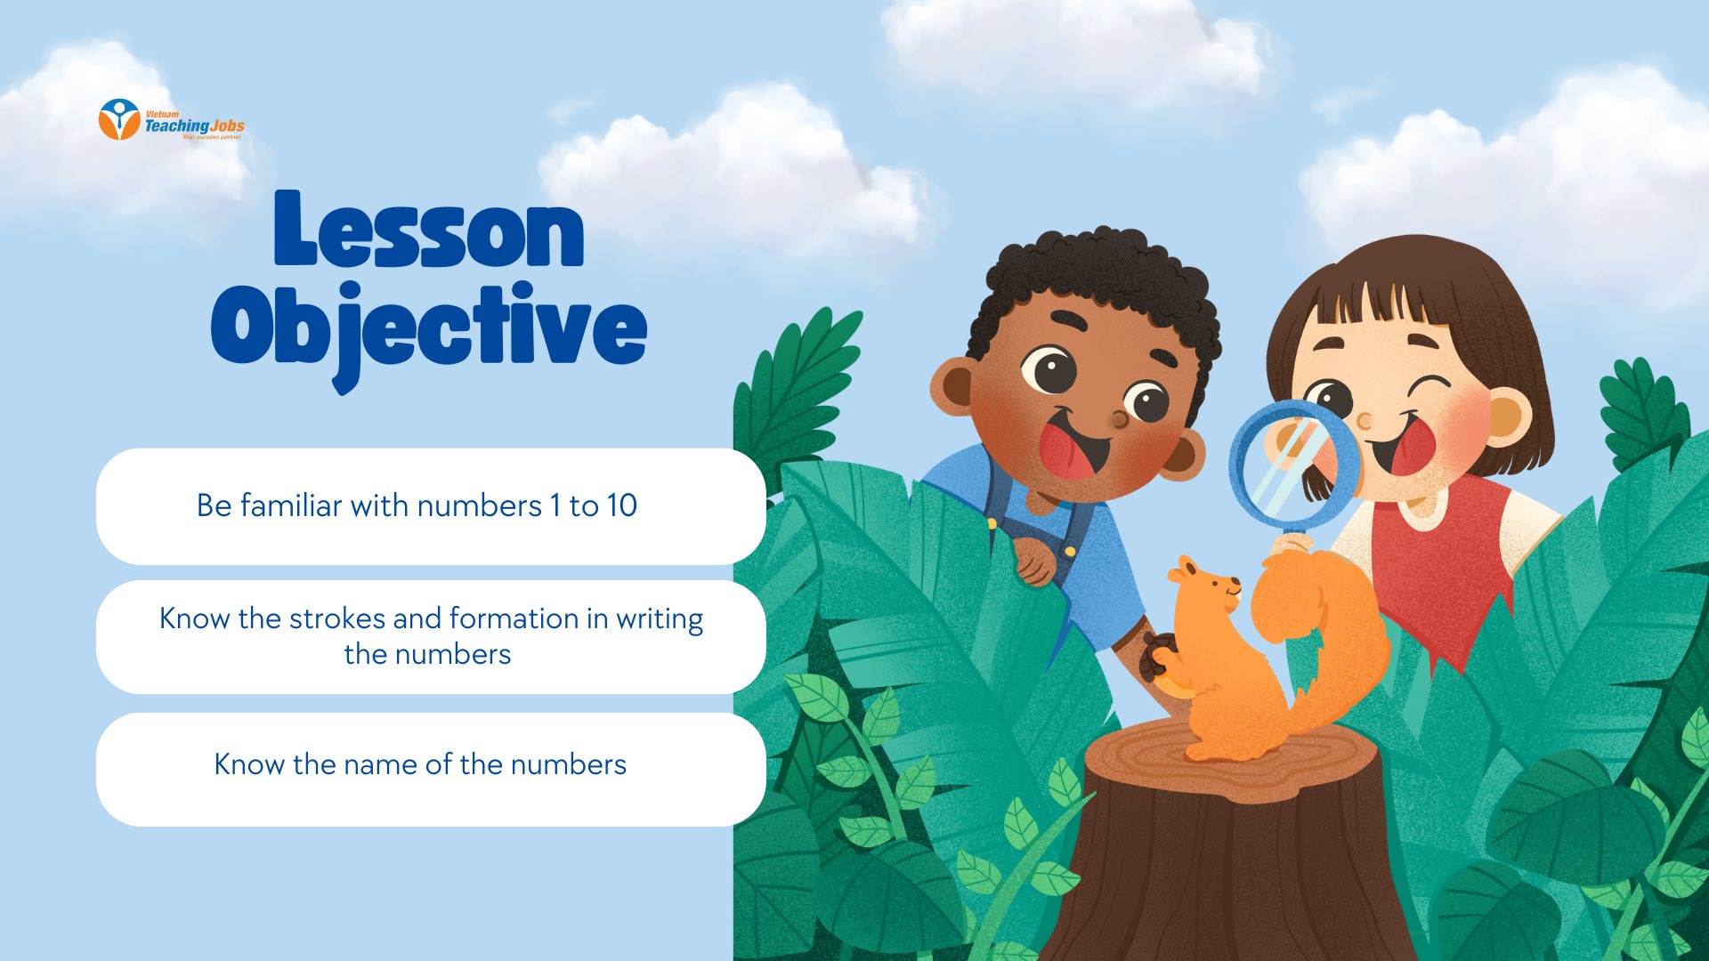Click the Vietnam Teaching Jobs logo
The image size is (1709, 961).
pyautogui.click(x=171, y=120)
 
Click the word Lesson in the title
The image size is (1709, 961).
pyautogui.click(x=428, y=229)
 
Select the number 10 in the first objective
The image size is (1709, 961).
pyautogui.click(x=621, y=505)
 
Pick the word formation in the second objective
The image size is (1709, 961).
pyautogui.click(x=514, y=618)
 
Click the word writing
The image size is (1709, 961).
pyautogui.click(x=660, y=619)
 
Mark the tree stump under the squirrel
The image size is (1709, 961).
pyautogui.click(x=1228, y=845)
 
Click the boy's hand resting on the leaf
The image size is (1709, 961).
pyautogui.click(x=1035, y=560)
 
